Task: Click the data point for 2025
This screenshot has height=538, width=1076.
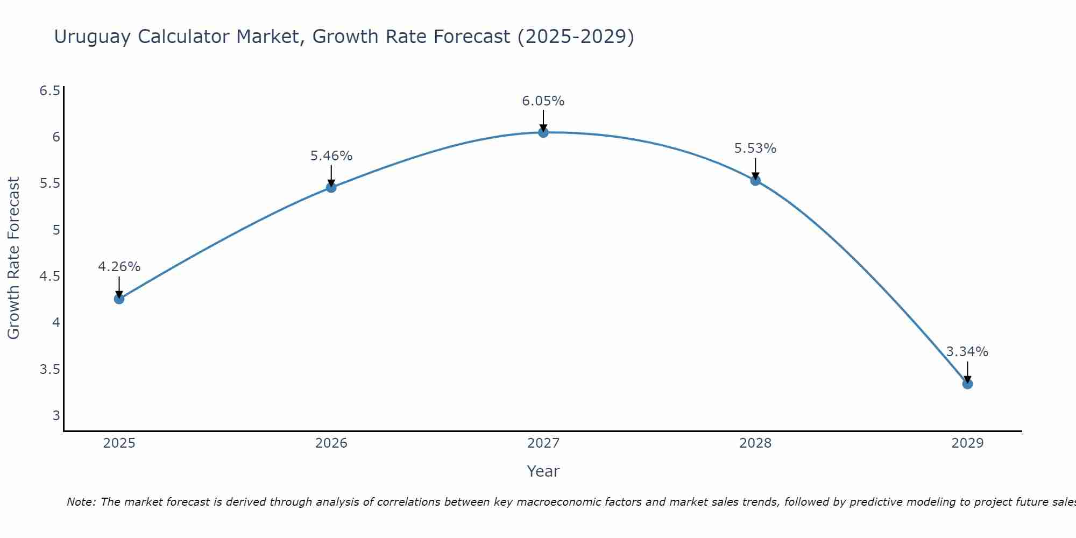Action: pyautogui.click(x=119, y=299)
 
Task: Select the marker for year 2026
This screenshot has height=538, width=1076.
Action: pyautogui.click(x=331, y=187)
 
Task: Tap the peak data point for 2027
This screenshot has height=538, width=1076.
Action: pyautogui.click(x=543, y=132)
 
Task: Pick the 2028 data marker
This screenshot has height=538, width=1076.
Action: pyautogui.click(x=755, y=180)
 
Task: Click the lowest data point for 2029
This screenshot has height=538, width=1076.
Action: pyautogui.click(x=967, y=384)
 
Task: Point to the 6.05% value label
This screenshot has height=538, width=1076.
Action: pyautogui.click(x=543, y=101)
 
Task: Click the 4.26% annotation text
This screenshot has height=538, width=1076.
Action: pyautogui.click(x=119, y=267)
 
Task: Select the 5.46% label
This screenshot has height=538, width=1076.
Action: pyautogui.click(x=331, y=156)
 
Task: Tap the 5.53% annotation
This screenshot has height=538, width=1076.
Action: pyautogui.click(x=755, y=148)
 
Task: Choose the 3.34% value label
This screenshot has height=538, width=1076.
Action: pyautogui.click(x=967, y=352)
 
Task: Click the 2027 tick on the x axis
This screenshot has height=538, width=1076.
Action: pyautogui.click(x=543, y=443)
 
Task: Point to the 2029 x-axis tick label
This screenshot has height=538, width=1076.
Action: pyautogui.click(x=967, y=443)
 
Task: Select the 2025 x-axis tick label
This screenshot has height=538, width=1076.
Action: pyautogui.click(x=119, y=443)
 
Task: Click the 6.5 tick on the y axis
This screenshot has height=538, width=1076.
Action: pyautogui.click(x=49, y=90)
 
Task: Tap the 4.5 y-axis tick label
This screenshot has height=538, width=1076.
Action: pyautogui.click(x=49, y=277)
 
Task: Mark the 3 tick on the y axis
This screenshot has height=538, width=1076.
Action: pyautogui.click(x=56, y=415)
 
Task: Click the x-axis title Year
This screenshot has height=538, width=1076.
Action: pyautogui.click(x=543, y=471)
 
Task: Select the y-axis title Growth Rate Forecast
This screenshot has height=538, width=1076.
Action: pyautogui.click(x=13, y=258)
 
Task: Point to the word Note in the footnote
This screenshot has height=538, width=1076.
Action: pyautogui.click(x=81, y=502)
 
